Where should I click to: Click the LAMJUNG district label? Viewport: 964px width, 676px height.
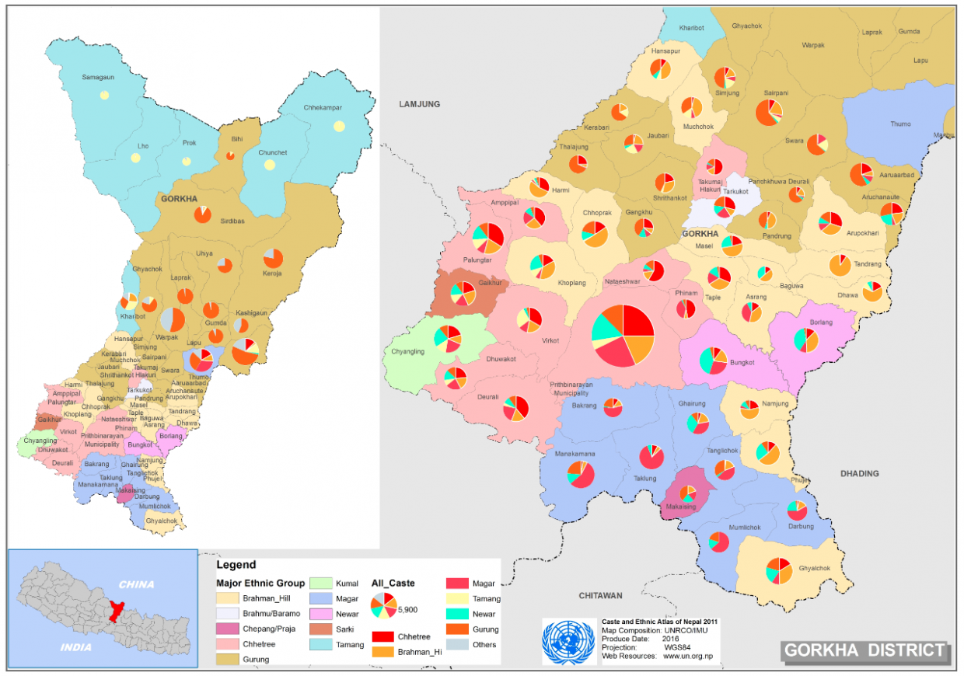pos(419,104)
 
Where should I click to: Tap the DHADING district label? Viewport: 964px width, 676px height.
pos(859,473)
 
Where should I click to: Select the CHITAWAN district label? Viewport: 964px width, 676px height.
pos(601,595)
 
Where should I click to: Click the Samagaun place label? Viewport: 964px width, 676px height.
pos(99,77)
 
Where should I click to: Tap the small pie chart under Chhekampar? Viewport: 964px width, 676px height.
pos(339,126)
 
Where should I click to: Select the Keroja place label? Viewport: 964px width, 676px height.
pos(272,274)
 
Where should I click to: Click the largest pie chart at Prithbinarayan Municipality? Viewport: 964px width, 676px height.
pos(623,336)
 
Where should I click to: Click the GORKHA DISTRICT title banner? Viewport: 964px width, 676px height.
pos(864,650)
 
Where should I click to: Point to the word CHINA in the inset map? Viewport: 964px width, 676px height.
pos(136,584)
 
